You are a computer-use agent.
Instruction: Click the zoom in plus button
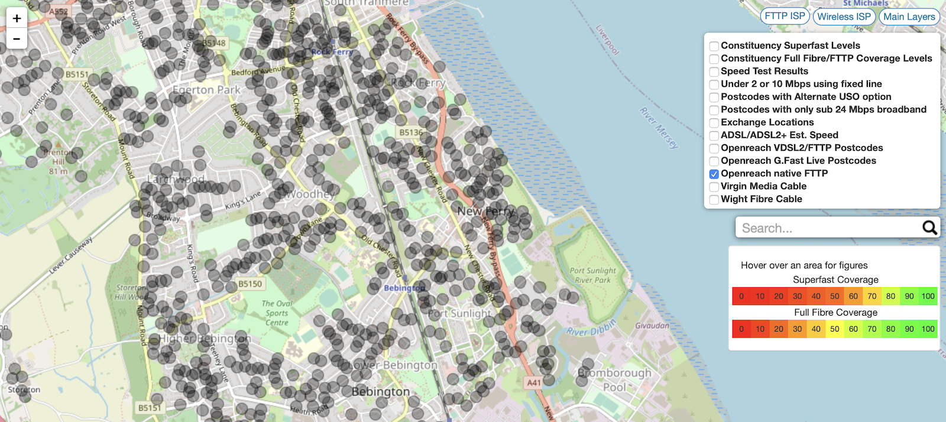point(17,18)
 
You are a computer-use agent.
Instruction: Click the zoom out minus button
point(17,39)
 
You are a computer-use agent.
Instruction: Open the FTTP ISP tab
point(785,17)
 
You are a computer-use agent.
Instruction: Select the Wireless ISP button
point(844,17)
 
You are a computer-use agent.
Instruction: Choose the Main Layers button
point(909,17)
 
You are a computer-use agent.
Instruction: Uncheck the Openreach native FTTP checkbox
point(714,174)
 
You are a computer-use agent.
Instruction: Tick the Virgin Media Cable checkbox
point(714,187)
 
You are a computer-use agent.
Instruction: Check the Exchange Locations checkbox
point(714,123)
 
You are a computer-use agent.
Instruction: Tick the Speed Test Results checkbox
point(714,72)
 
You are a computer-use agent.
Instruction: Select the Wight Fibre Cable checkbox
point(714,200)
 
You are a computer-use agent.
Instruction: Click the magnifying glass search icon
point(929,228)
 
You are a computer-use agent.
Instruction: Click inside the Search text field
point(828,228)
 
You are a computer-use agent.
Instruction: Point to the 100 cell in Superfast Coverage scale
point(928,296)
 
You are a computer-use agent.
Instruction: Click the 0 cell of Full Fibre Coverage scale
point(741,329)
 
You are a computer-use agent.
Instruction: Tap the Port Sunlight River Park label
point(592,275)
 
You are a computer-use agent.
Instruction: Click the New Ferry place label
point(485,211)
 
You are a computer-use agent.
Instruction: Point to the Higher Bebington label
point(205,339)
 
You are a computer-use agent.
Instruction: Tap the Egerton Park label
point(206,90)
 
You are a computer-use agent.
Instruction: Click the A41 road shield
point(534,382)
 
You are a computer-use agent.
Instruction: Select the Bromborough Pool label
point(615,380)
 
